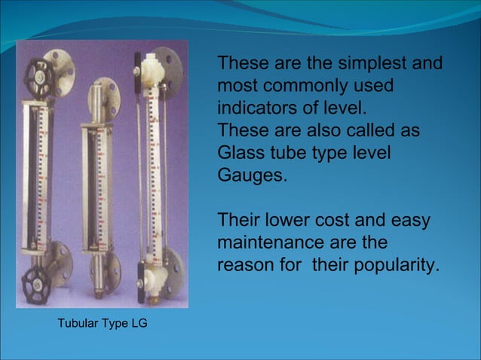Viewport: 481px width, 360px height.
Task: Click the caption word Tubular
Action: [x=79, y=325]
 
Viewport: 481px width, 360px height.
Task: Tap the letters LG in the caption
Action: [x=139, y=325]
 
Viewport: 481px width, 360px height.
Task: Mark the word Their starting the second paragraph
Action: [x=237, y=221]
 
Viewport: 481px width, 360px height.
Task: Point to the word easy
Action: [x=412, y=221]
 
